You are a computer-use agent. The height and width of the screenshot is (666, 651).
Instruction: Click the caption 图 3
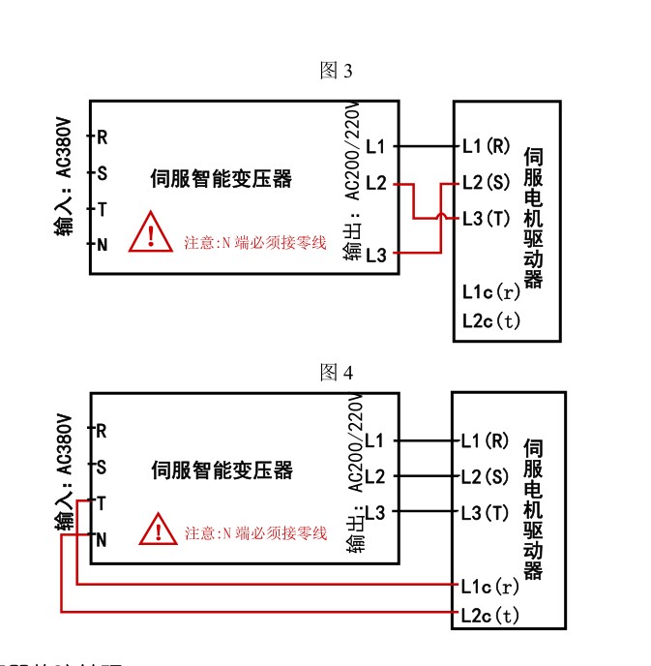pos(337,72)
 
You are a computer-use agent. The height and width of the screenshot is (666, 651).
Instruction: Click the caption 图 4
pos(337,374)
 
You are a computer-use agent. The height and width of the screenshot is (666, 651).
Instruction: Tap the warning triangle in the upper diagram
pos(152,232)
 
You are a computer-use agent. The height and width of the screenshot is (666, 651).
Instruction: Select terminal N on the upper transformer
pos(101,244)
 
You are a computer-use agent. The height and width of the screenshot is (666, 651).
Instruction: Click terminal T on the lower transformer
pos(101,504)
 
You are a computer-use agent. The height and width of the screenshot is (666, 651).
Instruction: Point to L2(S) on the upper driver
pos(486,182)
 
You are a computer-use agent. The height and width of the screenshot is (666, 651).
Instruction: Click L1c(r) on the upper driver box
pos(491,291)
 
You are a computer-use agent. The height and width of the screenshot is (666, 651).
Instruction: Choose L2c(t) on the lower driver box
pos(491,615)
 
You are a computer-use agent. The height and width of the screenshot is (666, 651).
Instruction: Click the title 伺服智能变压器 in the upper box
pos(222,179)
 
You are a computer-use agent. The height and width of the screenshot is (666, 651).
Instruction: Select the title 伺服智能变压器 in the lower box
pos(222,470)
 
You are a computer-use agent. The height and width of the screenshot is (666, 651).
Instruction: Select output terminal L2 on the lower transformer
pos(375,476)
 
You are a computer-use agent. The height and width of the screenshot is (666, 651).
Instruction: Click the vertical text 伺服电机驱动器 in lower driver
pos(532,509)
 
